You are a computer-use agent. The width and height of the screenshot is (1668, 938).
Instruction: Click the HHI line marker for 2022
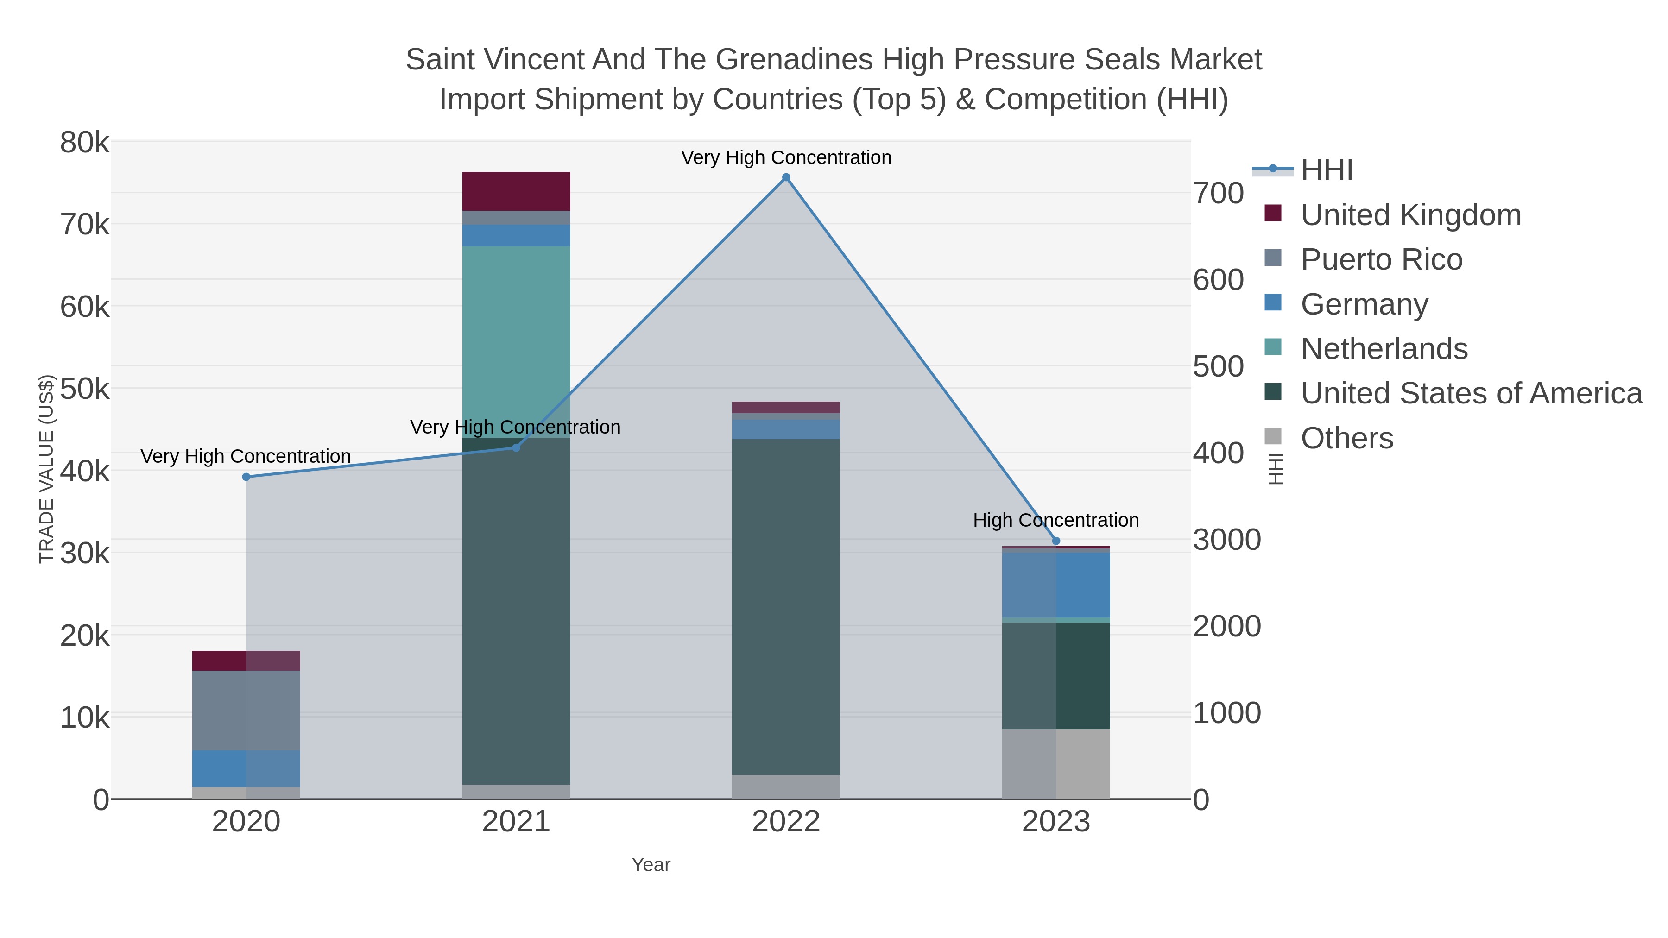pos(786,177)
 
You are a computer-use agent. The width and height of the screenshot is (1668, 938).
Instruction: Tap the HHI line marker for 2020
pos(246,477)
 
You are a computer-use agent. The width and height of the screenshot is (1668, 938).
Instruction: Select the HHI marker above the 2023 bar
pos(1056,541)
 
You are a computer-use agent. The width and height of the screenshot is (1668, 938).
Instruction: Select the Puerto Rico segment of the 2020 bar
pos(246,710)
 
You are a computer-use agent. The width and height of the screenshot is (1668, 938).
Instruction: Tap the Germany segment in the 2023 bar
pos(1056,585)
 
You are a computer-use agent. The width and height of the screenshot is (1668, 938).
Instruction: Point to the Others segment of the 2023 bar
pos(1056,764)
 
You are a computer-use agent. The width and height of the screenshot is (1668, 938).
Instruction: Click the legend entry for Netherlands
pos(1384,349)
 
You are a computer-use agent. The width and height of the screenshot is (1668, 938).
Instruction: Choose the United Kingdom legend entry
pos(1410,215)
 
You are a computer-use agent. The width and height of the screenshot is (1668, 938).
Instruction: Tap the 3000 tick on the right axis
pos(1227,540)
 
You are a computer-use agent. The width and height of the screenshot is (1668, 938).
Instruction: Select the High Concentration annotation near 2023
pos(1055,521)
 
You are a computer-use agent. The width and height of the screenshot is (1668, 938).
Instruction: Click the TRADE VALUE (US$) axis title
pos(47,469)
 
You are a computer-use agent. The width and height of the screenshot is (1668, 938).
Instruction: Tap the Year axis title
pos(651,865)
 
